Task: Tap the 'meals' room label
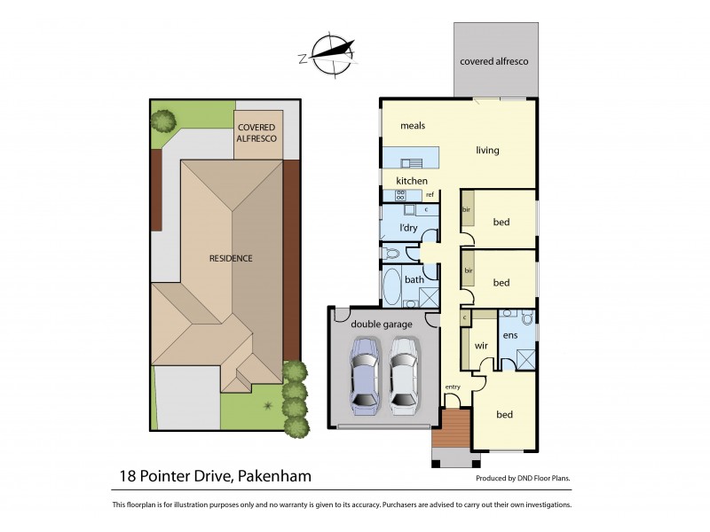point(413,126)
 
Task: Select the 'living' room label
point(487,150)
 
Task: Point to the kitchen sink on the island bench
point(413,162)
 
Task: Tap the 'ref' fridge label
point(430,195)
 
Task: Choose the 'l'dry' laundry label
point(408,228)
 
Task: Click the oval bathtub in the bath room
point(390,286)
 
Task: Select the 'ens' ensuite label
point(509,336)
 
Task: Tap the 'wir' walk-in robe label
point(482,346)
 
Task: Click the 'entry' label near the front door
point(453,387)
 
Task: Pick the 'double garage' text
point(381,325)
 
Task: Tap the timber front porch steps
point(453,429)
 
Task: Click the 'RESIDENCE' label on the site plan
point(231,259)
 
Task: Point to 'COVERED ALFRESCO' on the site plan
point(258,133)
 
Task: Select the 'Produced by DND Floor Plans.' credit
point(523,478)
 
